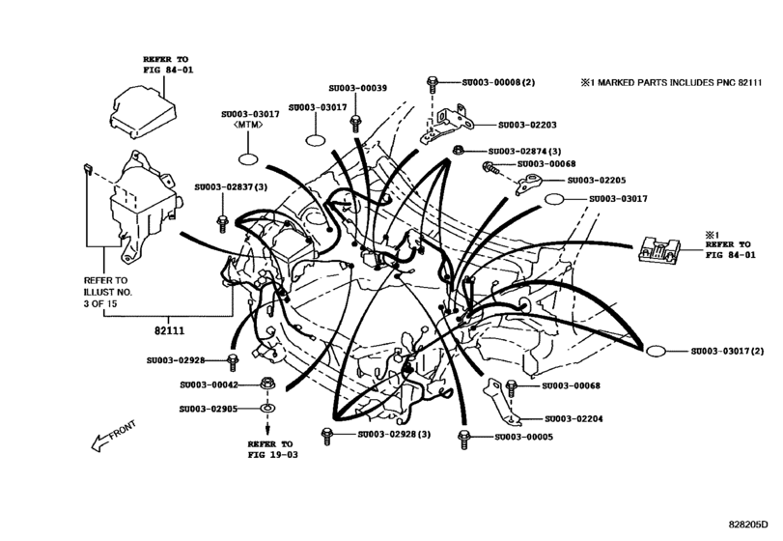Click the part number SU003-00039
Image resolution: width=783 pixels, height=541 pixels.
(357, 88)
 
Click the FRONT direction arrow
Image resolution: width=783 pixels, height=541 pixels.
(110, 437)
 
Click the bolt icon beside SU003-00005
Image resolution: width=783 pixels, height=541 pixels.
(464, 436)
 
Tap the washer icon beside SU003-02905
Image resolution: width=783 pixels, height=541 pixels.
(266, 409)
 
